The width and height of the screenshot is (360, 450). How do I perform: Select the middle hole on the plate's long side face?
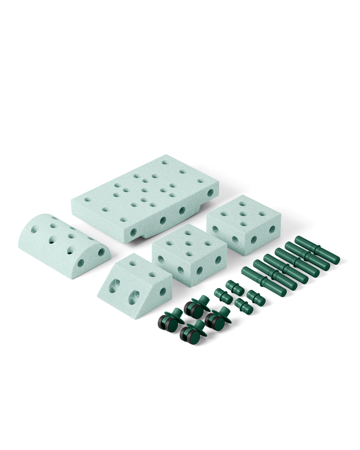[x=163, y=220]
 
